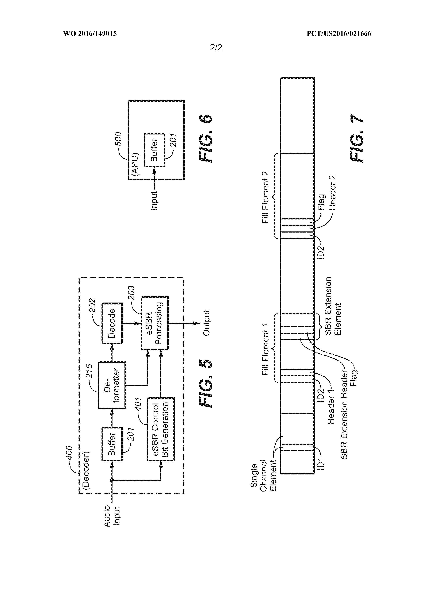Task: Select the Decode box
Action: click(112, 323)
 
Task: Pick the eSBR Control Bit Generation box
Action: click(161, 429)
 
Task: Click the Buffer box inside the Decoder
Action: click(112, 444)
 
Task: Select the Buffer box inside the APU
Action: click(154, 150)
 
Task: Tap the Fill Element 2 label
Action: click(266, 197)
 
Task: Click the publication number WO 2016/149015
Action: click(90, 34)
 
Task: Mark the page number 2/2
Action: click(216, 47)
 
